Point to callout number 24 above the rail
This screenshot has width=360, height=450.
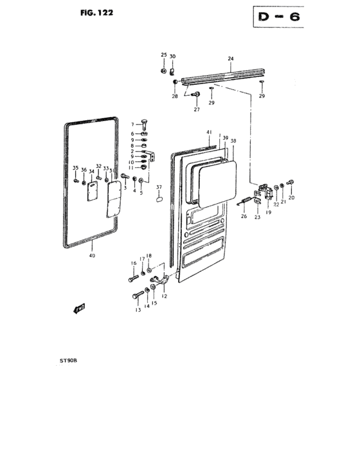(230, 59)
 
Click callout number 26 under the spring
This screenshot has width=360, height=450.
(244, 216)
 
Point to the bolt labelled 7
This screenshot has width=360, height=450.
(147, 125)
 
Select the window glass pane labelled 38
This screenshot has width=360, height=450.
(217, 182)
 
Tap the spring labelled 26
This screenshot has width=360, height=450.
(244, 203)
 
